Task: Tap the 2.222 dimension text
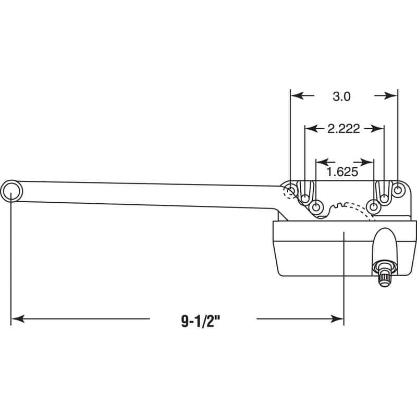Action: click(x=344, y=129)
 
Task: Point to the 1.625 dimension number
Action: click(x=342, y=170)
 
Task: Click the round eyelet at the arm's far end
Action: click(x=11, y=190)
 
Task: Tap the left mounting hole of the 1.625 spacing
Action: click(x=316, y=207)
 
